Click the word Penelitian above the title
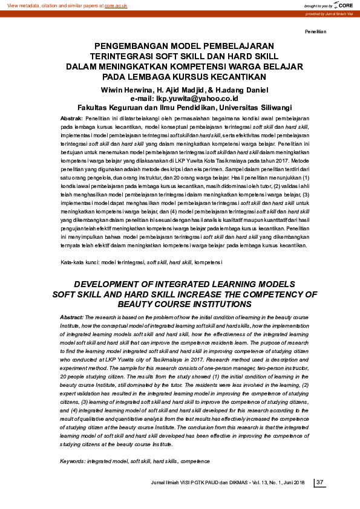point(316,30)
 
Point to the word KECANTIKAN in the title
point(235,77)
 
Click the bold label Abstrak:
point(72,118)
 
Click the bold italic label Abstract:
point(72,317)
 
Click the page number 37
point(321,482)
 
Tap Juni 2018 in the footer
point(295,482)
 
